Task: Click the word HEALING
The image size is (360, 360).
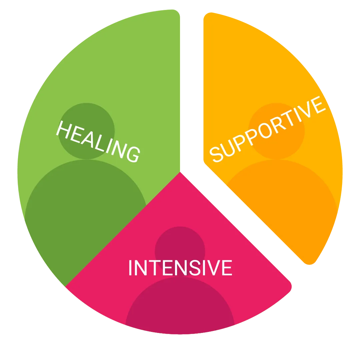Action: coord(98,142)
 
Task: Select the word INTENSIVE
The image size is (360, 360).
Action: coord(180,268)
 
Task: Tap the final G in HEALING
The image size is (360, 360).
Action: coord(132,154)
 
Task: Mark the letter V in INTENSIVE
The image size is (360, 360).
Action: coord(212,268)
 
